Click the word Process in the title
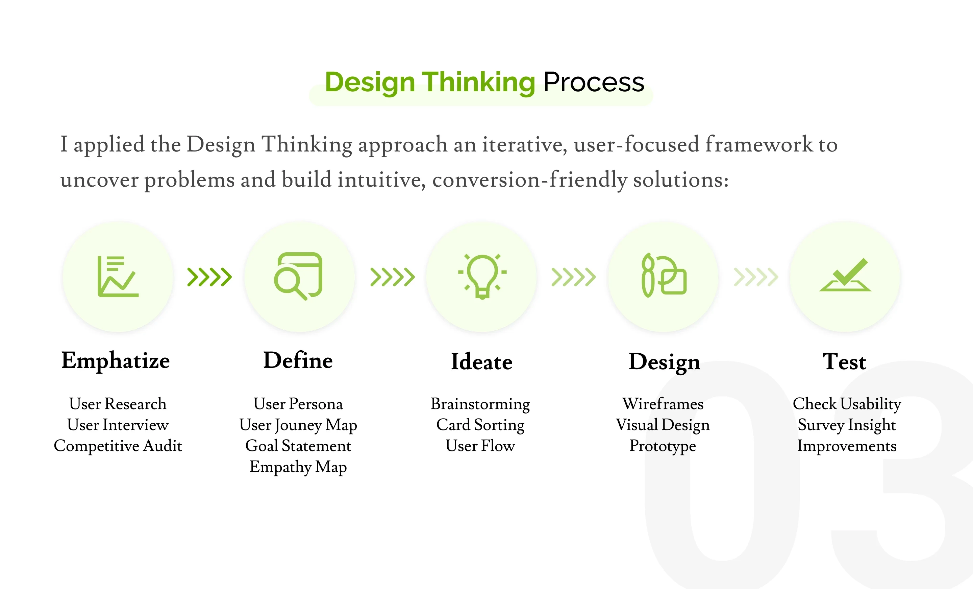[x=594, y=82]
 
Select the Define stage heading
[x=298, y=360]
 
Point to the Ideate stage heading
[x=482, y=362]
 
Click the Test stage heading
[x=844, y=362]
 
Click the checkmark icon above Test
[x=845, y=275]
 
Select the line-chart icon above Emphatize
[x=118, y=276]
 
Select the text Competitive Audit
[x=118, y=446]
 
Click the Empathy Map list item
[x=298, y=467]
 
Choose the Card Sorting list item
[x=480, y=425]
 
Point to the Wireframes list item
[x=663, y=404]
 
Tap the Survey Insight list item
[x=847, y=425]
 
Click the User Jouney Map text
[x=298, y=425]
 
